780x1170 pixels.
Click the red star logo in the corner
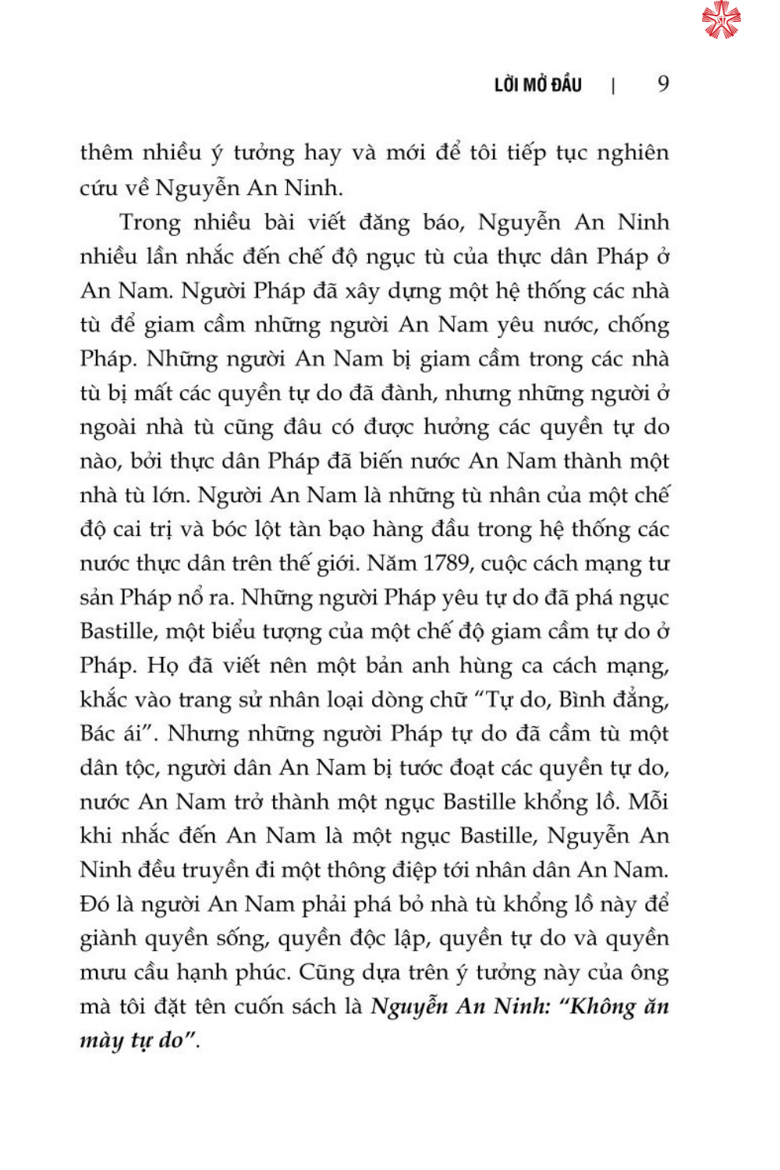click(x=721, y=19)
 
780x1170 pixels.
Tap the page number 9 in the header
click(x=663, y=84)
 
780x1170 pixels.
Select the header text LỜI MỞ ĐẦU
click(x=537, y=85)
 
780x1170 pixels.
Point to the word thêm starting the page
click(x=106, y=152)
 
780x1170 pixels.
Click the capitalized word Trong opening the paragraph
click(x=151, y=222)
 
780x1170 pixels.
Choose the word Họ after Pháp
click(x=163, y=666)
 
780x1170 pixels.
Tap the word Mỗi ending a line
click(x=648, y=802)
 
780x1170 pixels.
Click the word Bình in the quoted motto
click(x=581, y=700)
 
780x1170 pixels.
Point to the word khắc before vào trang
click(x=103, y=700)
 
